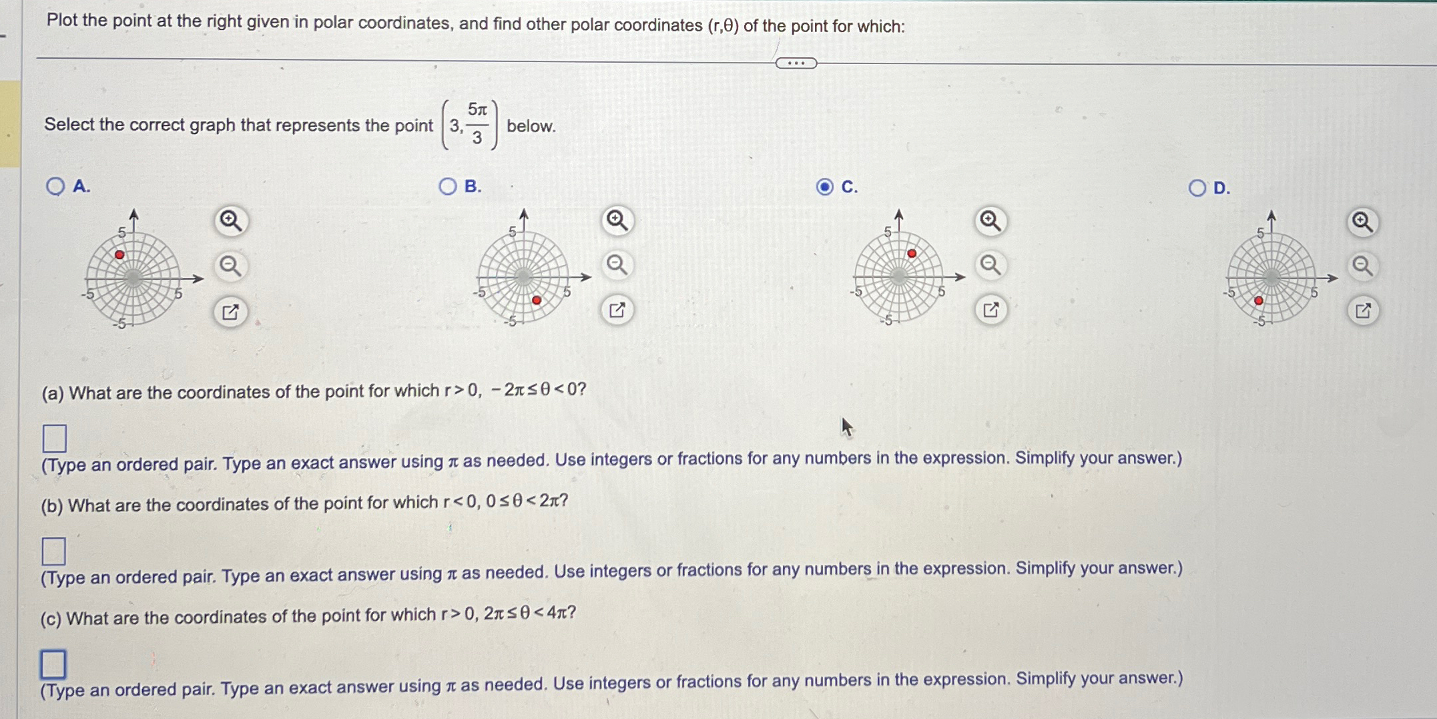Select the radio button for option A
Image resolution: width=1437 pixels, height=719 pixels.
[55, 186]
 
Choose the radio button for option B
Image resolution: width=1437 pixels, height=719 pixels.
[448, 186]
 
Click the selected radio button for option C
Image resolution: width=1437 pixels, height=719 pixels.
[825, 187]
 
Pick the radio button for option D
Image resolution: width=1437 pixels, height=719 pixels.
[1197, 188]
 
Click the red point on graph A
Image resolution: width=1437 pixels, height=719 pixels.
[119, 255]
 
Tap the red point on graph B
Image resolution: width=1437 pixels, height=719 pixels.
[537, 300]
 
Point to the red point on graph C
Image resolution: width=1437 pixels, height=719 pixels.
[912, 254]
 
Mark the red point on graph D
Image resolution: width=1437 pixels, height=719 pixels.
[1259, 301]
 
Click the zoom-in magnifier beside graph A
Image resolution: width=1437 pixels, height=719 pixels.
[231, 220]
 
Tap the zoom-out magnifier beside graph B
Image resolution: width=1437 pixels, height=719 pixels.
[617, 265]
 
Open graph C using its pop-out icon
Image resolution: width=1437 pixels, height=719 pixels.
[990, 310]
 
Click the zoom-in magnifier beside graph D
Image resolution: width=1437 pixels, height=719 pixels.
[1362, 222]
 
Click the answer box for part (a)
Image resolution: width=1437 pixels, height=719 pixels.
[55, 439]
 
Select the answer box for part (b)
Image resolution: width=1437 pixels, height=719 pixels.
[54, 551]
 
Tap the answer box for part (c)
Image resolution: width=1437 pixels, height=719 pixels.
[53, 664]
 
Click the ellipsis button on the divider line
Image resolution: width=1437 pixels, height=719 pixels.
[796, 63]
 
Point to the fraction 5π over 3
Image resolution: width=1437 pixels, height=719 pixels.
[477, 124]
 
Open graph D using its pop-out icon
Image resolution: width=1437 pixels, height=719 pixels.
[1362, 311]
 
